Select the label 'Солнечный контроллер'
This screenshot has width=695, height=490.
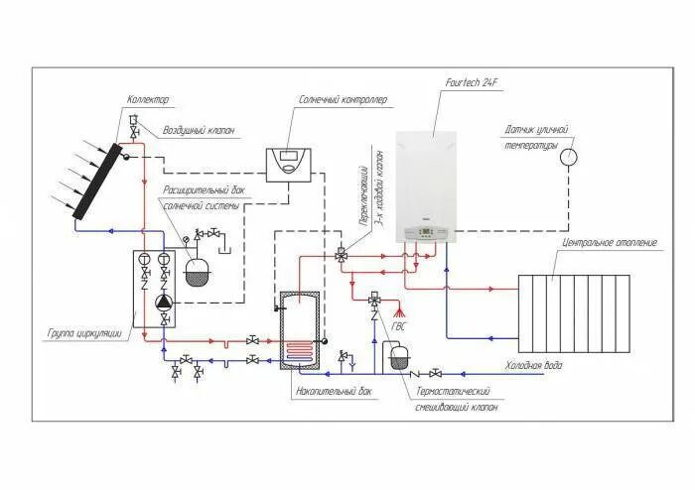[344, 99]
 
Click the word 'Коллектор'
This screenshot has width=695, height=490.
[148, 99]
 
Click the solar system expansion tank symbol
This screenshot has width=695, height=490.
[198, 272]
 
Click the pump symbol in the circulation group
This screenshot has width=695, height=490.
[164, 302]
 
